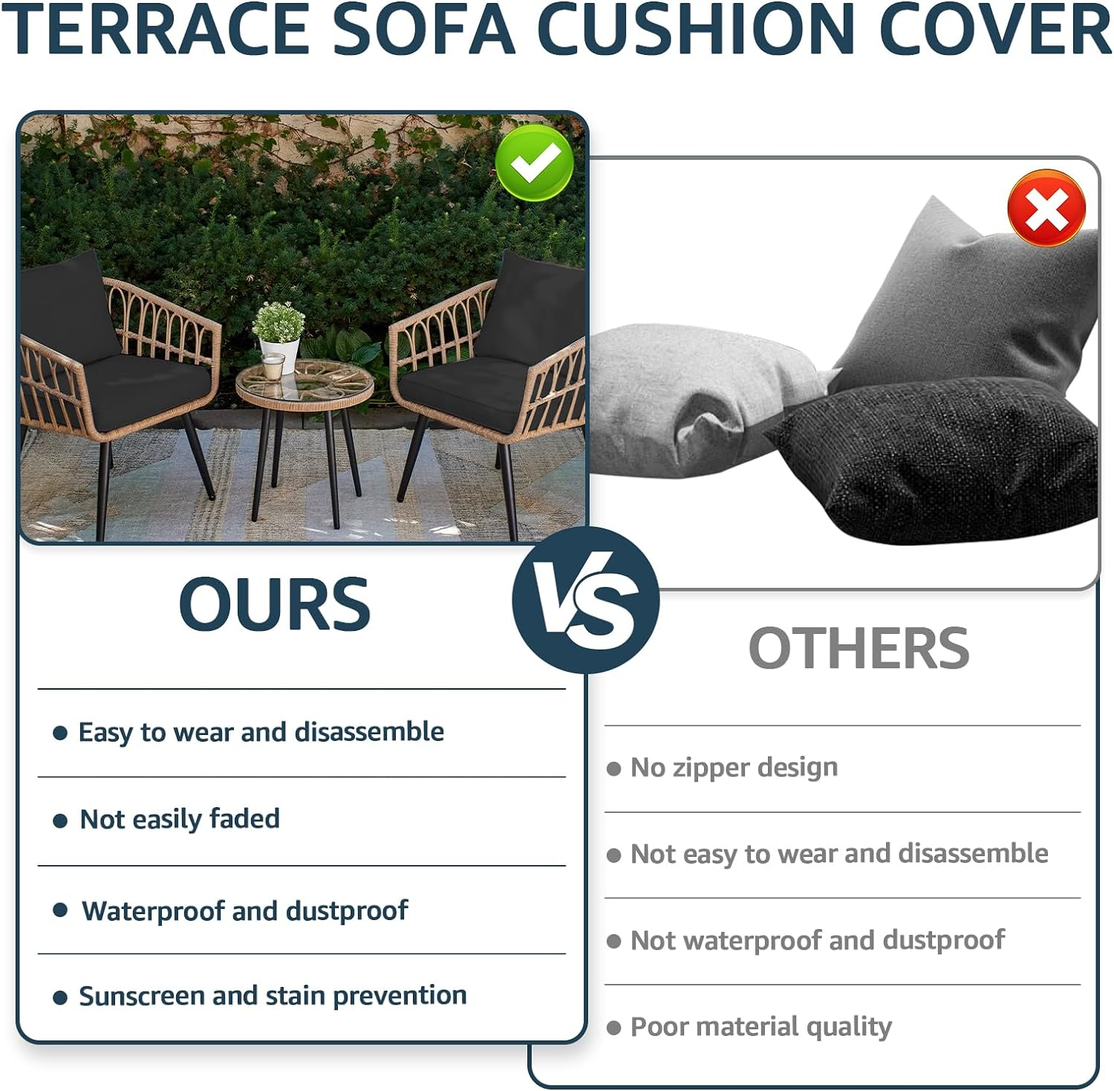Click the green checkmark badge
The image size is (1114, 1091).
coord(534,163)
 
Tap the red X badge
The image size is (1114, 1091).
coord(1046,208)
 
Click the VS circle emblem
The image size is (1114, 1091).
coord(585,600)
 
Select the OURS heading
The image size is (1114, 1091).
coord(274,604)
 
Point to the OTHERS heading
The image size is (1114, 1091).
coord(859,648)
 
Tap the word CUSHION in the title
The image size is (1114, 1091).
coord(696,30)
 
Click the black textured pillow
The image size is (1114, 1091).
coord(936,461)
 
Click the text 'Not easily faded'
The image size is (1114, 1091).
coord(180,819)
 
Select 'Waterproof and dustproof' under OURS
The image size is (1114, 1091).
coord(245,910)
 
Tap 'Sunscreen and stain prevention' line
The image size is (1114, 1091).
coord(273,996)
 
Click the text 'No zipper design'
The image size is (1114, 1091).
coord(734,767)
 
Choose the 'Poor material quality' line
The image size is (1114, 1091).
coord(760,1027)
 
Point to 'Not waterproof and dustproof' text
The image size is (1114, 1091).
coord(817,940)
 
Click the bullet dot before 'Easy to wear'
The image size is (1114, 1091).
coord(60,734)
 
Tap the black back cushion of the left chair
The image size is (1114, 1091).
coord(67,305)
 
